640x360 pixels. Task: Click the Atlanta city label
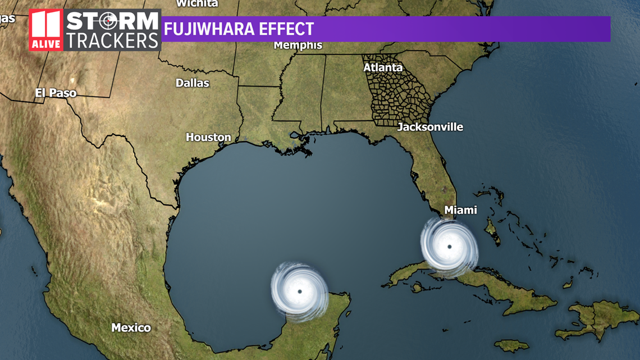click(x=383, y=67)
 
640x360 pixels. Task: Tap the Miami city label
click(x=460, y=210)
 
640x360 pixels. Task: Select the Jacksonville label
click(x=430, y=127)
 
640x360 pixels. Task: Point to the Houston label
click(x=208, y=137)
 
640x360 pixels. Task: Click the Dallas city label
click(x=192, y=83)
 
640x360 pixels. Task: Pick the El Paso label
click(x=56, y=93)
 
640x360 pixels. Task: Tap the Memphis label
click(x=298, y=45)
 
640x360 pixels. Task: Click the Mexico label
click(x=131, y=327)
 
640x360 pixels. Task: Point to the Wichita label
click(x=196, y=3)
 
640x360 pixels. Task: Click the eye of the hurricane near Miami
click(x=449, y=247)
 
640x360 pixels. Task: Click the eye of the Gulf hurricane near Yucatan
click(x=299, y=291)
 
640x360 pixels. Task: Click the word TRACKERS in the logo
click(x=112, y=40)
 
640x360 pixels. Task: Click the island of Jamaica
click(x=511, y=345)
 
